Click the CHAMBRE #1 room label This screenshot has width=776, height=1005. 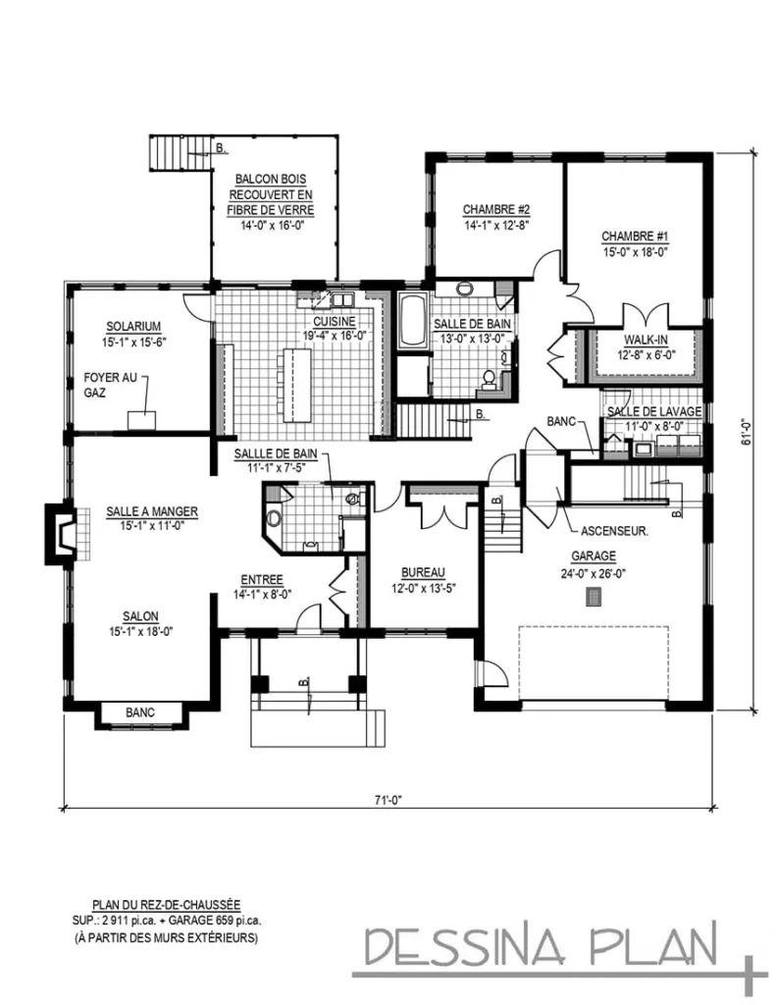click(635, 237)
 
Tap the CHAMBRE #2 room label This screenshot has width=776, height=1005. click(496, 209)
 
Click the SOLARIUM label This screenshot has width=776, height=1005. click(134, 327)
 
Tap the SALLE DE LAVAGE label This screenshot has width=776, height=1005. click(653, 412)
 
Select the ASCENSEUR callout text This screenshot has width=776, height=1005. click(613, 533)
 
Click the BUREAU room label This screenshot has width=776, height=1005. click(424, 572)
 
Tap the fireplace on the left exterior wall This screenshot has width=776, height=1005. click(60, 534)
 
